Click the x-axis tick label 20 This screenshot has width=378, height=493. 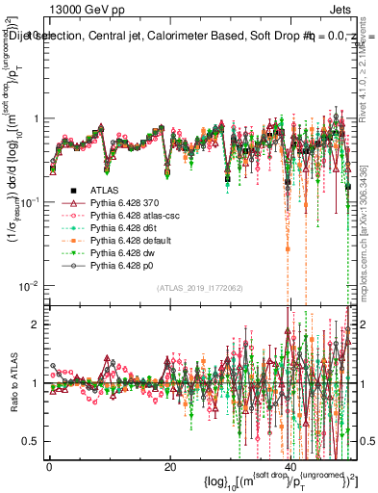click(x=169, y=465)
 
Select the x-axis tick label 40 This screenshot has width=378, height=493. click(x=290, y=465)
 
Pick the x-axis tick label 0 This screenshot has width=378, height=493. click(x=49, y=465)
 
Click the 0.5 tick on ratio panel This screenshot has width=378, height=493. click(x=32, y=441)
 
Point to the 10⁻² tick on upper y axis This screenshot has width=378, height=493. click(x=28, y=286)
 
